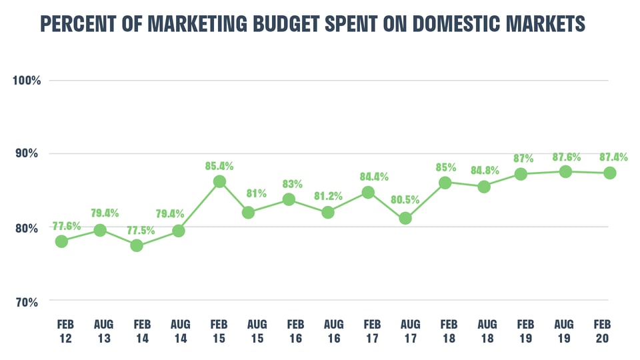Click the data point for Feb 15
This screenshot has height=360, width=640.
pos(219,181)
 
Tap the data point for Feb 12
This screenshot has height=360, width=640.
pos(61,241)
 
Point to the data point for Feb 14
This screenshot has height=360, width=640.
pos(137,245)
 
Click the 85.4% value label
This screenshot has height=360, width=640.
pos(219,165)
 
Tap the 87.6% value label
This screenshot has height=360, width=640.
pos(565,157)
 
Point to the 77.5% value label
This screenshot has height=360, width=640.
pos(137,229)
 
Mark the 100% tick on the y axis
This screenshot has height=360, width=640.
pos(27,81)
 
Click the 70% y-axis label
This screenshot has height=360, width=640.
pos(27,302)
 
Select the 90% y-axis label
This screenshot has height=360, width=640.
pos(27,154)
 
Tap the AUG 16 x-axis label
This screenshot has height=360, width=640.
pos(333,331)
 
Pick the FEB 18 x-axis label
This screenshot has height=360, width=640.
pos(449,331)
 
